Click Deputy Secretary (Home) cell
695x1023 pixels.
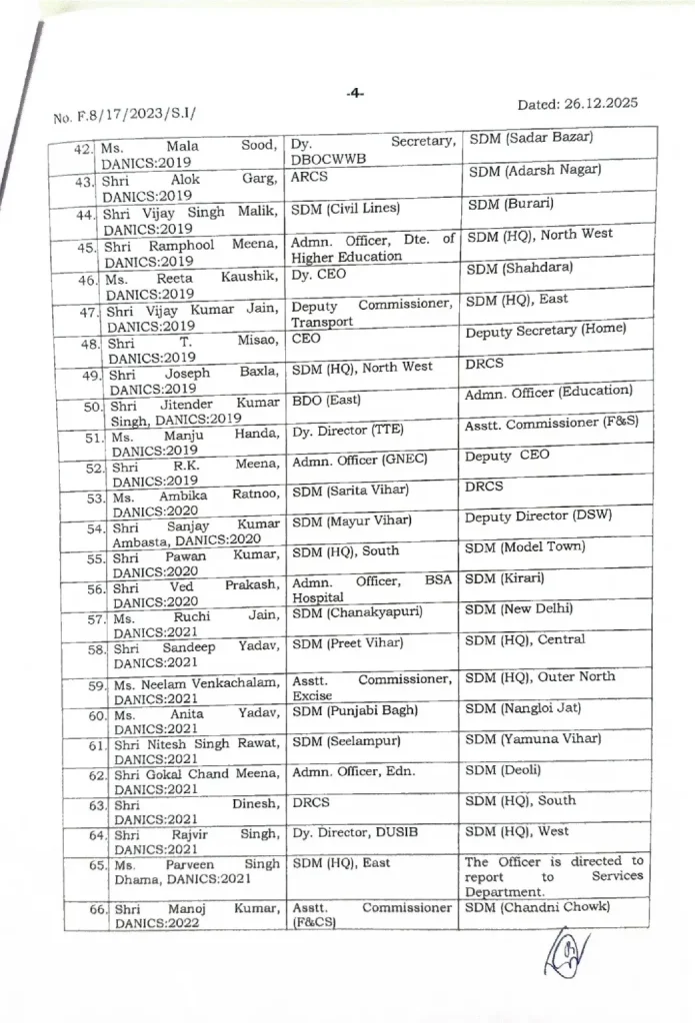click(546, 330)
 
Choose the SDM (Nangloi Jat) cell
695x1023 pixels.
click(523, 708)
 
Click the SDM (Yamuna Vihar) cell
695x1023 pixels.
click(533, 739)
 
